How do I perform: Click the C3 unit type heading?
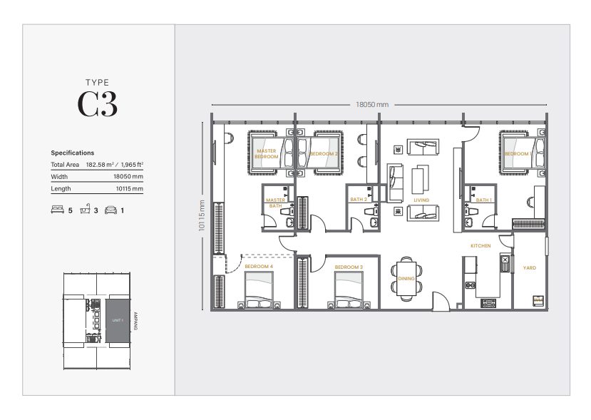[x=98, y=105]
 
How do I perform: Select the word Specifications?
[x=72, y=153]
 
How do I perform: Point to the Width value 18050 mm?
[x=128, y=177]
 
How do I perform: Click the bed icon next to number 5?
[x=57, y=210]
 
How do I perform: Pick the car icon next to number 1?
[x=111, y=210]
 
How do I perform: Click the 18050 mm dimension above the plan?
[x=372, y=104]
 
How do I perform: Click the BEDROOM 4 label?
[x=259, y=267]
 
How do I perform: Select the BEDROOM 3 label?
[x=349, y=267]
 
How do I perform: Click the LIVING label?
[x=421, y=200]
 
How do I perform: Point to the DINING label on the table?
[x=406, y=279]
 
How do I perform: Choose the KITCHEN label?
[x=480, y=246]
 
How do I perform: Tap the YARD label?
[x=529, y=268]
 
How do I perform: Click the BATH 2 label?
[x=359, y=200]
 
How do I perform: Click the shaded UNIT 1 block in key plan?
[x=118, y=321]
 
